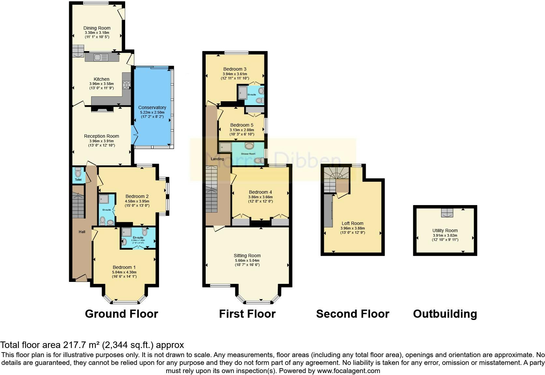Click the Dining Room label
[x=97, y=28]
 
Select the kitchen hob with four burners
[x=126, y=85]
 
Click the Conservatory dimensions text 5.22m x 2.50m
[x=152, y=112]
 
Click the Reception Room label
[x=101, y=136]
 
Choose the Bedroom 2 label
[x=137, y=196]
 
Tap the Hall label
[x=82, y=232]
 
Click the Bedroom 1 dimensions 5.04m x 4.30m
[x=124, y=272]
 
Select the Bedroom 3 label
[x=235, y=69]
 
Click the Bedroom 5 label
[x=242, y=125]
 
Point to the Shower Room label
[x=248, y=154]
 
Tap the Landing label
[x=217, y=159]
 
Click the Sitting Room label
[x=247, y=256]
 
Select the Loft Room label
[x=352, y=223]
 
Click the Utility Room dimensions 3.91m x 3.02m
[x=445, y=235]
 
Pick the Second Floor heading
[x=352, y=314]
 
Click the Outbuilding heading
[x=445, y=314]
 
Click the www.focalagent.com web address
[x=348, y=370]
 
